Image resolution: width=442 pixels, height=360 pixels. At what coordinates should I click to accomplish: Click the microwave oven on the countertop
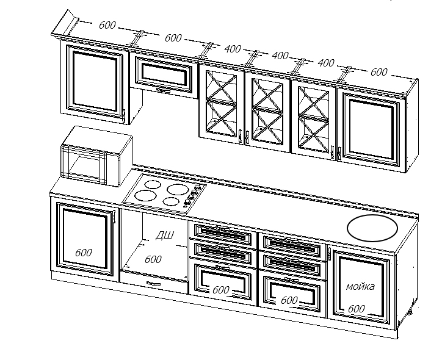(x=96, y=156)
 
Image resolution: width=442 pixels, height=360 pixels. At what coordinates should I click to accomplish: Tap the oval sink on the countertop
(x=372, y=228)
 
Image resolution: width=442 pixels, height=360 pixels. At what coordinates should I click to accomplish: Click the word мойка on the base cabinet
(x=360, y=286)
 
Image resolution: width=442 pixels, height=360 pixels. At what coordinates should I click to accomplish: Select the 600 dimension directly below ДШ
(x=153, y=259)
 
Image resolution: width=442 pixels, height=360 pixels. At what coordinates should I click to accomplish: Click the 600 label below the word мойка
(x=357, y=309)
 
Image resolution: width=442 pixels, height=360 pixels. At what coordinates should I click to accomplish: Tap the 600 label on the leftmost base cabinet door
(x=84, y=253)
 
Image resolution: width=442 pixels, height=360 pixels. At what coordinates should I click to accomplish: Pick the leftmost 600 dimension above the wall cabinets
(x=107, y=26)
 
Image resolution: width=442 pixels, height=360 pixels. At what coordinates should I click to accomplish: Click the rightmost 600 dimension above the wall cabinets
(x=379, y=72)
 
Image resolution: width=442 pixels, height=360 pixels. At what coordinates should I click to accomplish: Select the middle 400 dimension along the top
(x=280, y=56)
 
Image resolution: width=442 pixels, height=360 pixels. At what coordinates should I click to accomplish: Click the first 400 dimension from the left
(x=233, y=48)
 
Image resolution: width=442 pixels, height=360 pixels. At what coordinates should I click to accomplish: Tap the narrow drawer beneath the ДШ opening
(x=154, y=283)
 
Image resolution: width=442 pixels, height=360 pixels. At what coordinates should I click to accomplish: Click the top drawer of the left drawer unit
(x=222, y=232)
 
